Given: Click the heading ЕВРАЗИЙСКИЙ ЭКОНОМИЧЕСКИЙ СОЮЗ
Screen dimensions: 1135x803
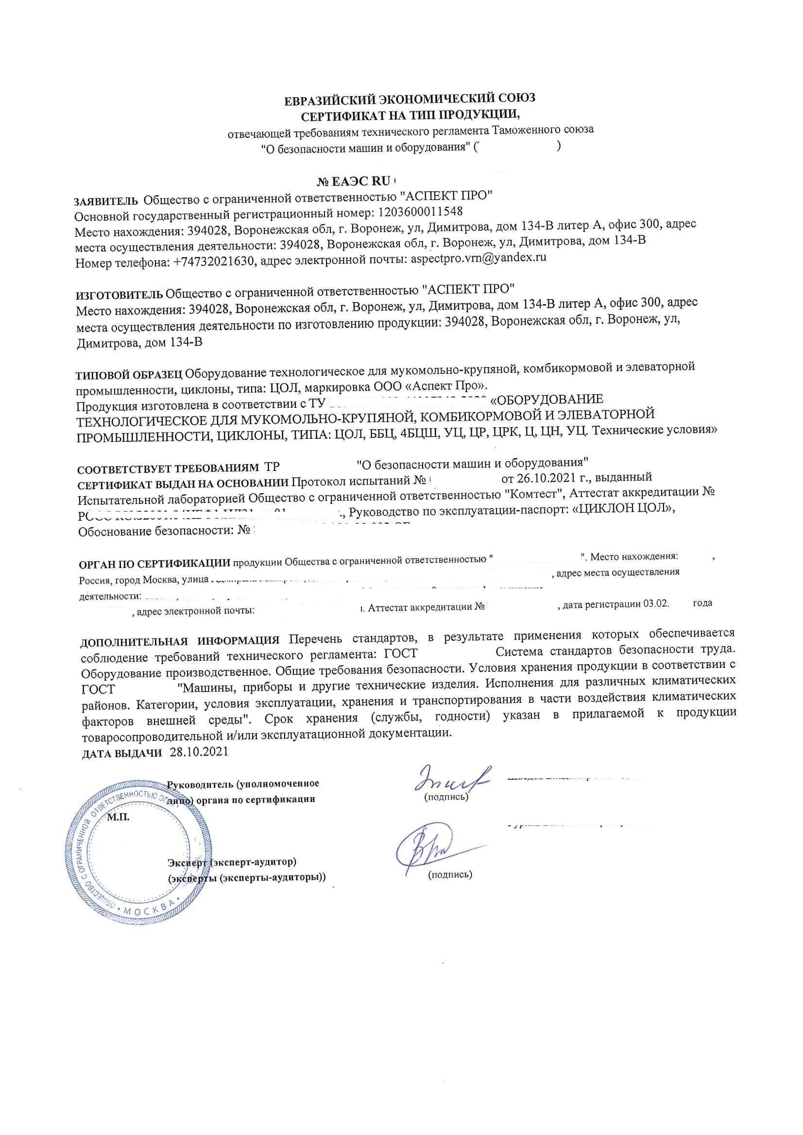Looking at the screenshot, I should (x=410, y=99).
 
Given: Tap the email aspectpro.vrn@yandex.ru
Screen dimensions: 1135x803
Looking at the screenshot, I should (x=478, y=258).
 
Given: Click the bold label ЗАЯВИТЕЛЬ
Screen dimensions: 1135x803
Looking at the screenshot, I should (x=106, y=201).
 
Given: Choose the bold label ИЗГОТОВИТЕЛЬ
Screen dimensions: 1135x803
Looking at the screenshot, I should (x=119, y=296).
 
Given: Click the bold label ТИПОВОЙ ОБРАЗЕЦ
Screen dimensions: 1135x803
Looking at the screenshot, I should (x=129, y=375).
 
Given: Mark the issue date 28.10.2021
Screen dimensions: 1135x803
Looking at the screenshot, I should (x=199, y=752).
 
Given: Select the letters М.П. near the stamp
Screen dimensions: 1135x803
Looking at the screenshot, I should (x=118, y=817).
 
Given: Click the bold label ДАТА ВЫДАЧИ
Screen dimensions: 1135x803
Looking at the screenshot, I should (x=122, y=754).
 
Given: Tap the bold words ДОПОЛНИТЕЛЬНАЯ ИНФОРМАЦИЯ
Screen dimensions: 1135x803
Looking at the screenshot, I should (x=180, y=641).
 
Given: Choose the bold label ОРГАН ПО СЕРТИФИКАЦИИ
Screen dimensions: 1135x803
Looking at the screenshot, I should (x=154, y=564).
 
